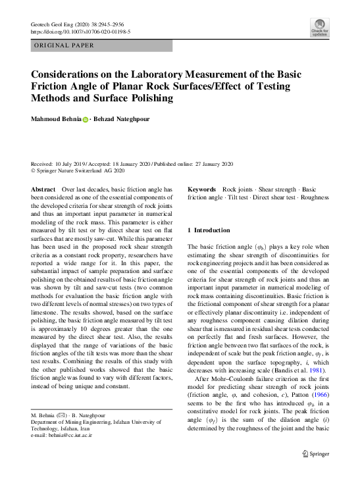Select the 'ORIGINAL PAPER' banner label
(x=64, y=46)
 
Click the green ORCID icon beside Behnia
(x=85, y=119)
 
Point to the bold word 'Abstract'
(x=43, y=189)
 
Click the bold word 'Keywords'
(x=203, y=189)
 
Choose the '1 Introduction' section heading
(x=209, y=230)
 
